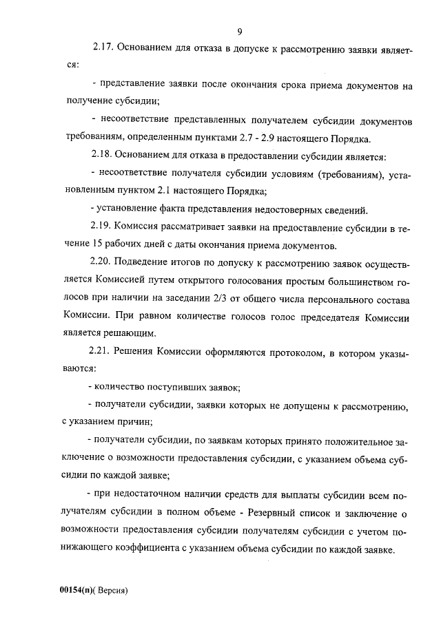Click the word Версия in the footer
(112, 591)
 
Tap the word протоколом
(286, 352)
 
